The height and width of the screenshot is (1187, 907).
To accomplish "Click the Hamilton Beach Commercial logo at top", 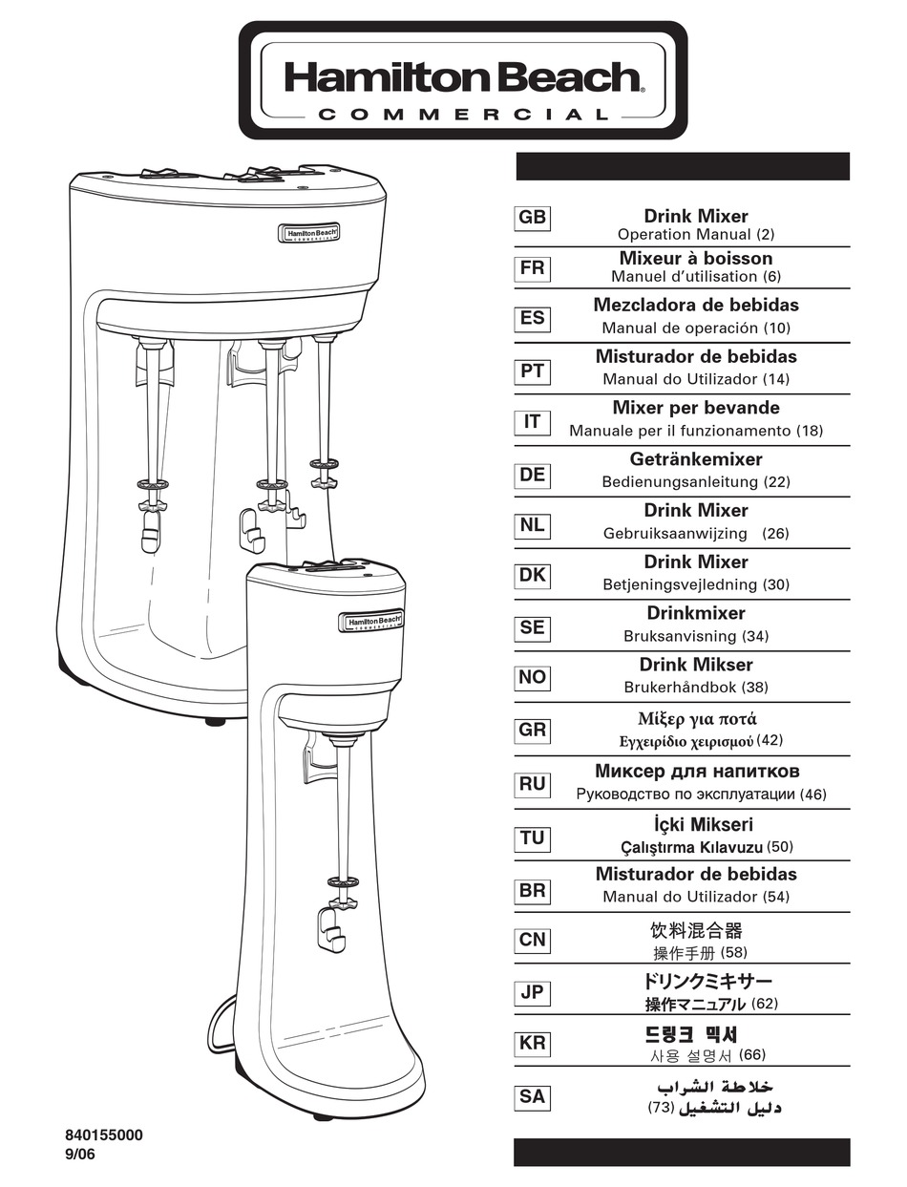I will (x=463, y=81).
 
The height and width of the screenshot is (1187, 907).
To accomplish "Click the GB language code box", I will (x=532, y=218).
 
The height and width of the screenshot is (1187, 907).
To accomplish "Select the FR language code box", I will (x=532, y=269).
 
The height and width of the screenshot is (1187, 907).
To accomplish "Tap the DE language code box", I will (x=532, y=474).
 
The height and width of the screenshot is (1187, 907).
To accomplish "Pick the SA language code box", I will (x=532, y=1097).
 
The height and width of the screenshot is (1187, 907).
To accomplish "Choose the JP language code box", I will (x=532, y=992).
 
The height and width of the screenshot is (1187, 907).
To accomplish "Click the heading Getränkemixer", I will (x=696, y=459).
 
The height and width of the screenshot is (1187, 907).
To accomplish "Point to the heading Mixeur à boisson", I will (x=696, y=258).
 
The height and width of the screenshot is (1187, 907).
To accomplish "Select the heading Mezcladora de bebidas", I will (x=696, y=306).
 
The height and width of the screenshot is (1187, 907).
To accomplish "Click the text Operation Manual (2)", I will (x=696, y=235).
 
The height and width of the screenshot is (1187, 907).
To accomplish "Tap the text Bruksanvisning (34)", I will (x=696, y=636).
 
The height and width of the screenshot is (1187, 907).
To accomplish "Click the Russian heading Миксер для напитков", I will (x=697, y=772).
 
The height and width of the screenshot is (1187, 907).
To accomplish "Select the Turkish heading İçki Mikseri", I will (x=696, y=824).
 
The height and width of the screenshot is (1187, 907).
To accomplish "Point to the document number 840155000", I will (x=104, y=1135).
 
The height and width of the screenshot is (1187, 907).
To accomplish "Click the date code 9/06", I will (x=80, y=1154).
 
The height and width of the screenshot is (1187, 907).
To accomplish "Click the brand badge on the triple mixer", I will (x=308, y=233).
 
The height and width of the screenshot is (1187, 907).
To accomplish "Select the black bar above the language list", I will (x=682, y=166).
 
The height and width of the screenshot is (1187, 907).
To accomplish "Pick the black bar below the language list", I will (x=682, y=1152).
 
